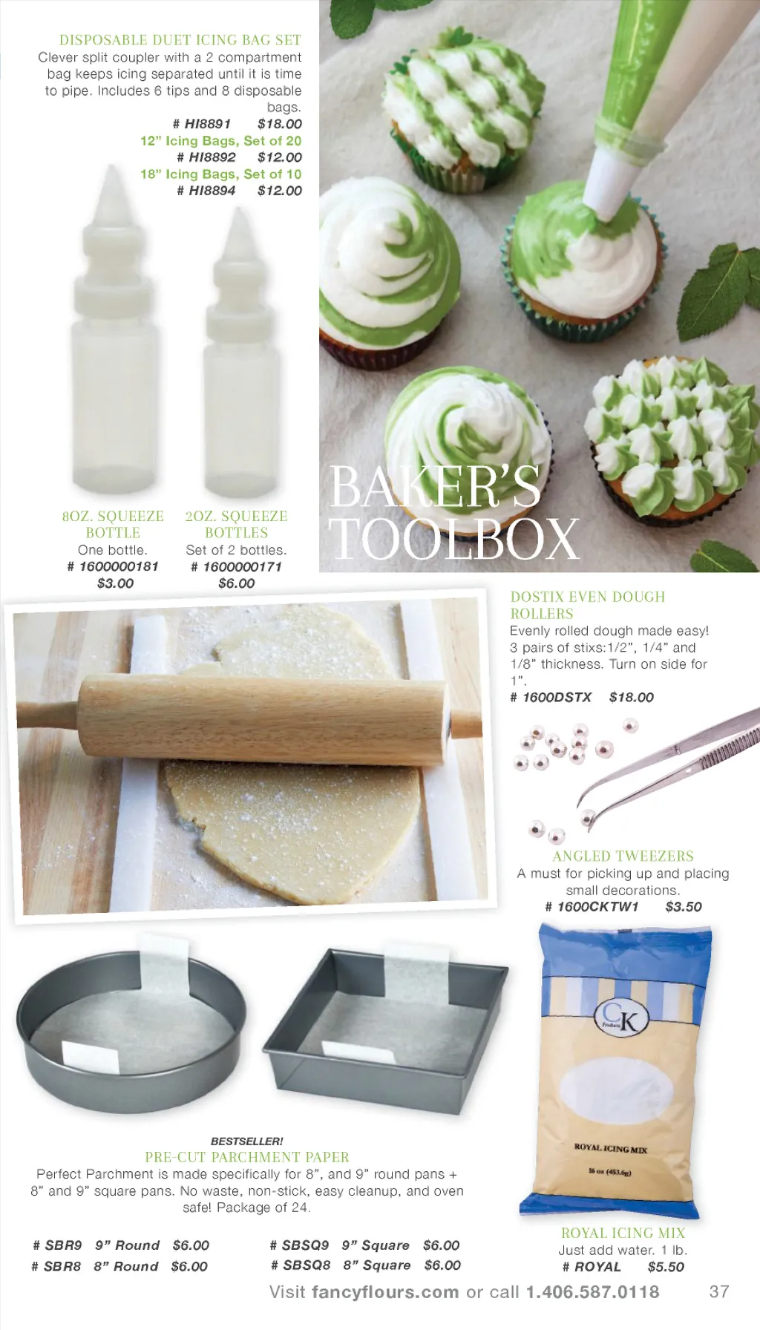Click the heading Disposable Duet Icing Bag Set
coord(180,40)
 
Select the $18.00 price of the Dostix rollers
coord(632,697)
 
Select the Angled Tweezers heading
coord(623,856)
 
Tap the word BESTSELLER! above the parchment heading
coord(247,1141)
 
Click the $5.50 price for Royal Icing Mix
coord(666,1266)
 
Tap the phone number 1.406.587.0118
coord(592,1291)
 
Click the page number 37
coord(719,1291)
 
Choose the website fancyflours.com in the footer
coord(385,1292)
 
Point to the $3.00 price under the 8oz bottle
coord(115,583)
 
